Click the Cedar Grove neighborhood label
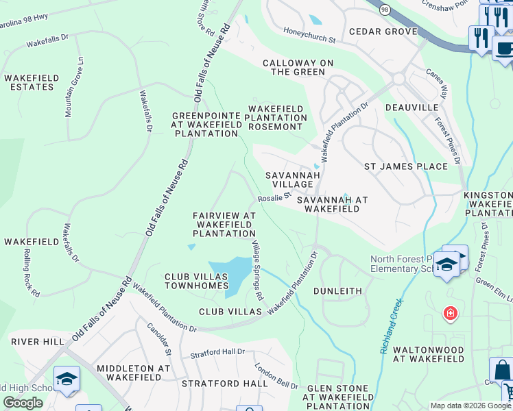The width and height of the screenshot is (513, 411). pos(383,32)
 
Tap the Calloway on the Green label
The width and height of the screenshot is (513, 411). pos(298,67)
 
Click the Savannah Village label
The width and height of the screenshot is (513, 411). pos(293,180)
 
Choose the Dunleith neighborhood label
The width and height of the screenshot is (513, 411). pos(337,291)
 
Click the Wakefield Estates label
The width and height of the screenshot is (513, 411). pos(29,83)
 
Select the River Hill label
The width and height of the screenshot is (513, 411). pos(36,340)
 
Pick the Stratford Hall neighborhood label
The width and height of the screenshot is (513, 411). pos(225,384)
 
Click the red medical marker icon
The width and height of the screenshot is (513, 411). pos(451,314)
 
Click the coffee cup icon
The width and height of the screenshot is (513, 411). pos(504,49)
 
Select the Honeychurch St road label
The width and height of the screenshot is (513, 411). pos(309,35)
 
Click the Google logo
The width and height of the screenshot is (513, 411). pos(23,403)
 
